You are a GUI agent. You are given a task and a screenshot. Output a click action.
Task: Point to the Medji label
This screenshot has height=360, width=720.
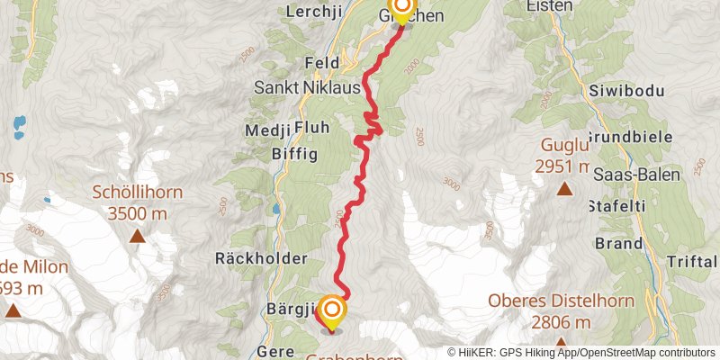(267, 128)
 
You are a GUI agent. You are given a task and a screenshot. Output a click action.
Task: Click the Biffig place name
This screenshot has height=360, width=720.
(294, 154)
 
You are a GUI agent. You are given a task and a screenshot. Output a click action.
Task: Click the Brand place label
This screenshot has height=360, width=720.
(618, 243)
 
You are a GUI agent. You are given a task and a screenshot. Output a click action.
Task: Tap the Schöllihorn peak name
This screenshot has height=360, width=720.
(138, 192)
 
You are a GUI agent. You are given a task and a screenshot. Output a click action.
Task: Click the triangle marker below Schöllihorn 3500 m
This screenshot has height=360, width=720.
(138, 237)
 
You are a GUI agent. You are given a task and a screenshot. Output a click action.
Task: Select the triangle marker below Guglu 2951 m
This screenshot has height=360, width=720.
(564, 188)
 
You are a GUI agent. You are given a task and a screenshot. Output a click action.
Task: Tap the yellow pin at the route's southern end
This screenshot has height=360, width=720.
(332, 311)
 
